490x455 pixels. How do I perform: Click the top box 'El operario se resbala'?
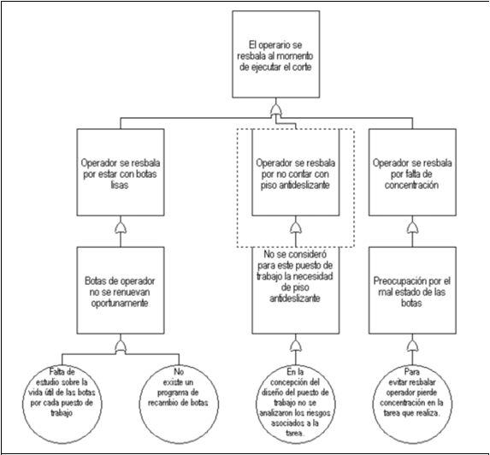(276, 55)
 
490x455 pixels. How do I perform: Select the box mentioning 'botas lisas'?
(121, 172)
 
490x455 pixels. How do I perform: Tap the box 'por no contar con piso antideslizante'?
(296, 172)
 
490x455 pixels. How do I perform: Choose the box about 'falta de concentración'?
(412, 172)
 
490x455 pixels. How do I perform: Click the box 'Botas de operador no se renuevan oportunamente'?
(121, 290)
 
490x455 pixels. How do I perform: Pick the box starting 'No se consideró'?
(296, 290)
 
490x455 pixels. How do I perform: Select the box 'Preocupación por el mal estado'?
(412, 290)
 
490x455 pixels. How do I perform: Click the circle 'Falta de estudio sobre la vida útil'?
(62, 404)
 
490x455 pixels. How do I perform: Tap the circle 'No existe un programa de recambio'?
(179, 404)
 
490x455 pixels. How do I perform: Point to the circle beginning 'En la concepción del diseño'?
(296, 404)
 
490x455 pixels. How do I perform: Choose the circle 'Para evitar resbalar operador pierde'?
(412, 404)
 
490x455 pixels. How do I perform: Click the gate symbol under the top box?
(276, 110)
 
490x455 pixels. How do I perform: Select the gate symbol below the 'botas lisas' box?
(121, 227)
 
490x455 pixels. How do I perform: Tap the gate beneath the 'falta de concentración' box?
(412, 227)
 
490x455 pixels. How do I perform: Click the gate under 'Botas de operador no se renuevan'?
(121, 346)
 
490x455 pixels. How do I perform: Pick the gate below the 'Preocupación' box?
(412, 346)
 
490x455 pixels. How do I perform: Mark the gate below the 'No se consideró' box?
(296, 346)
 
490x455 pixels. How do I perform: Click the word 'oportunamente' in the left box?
(120, 304)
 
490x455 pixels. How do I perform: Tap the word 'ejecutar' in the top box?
(266, 68)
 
